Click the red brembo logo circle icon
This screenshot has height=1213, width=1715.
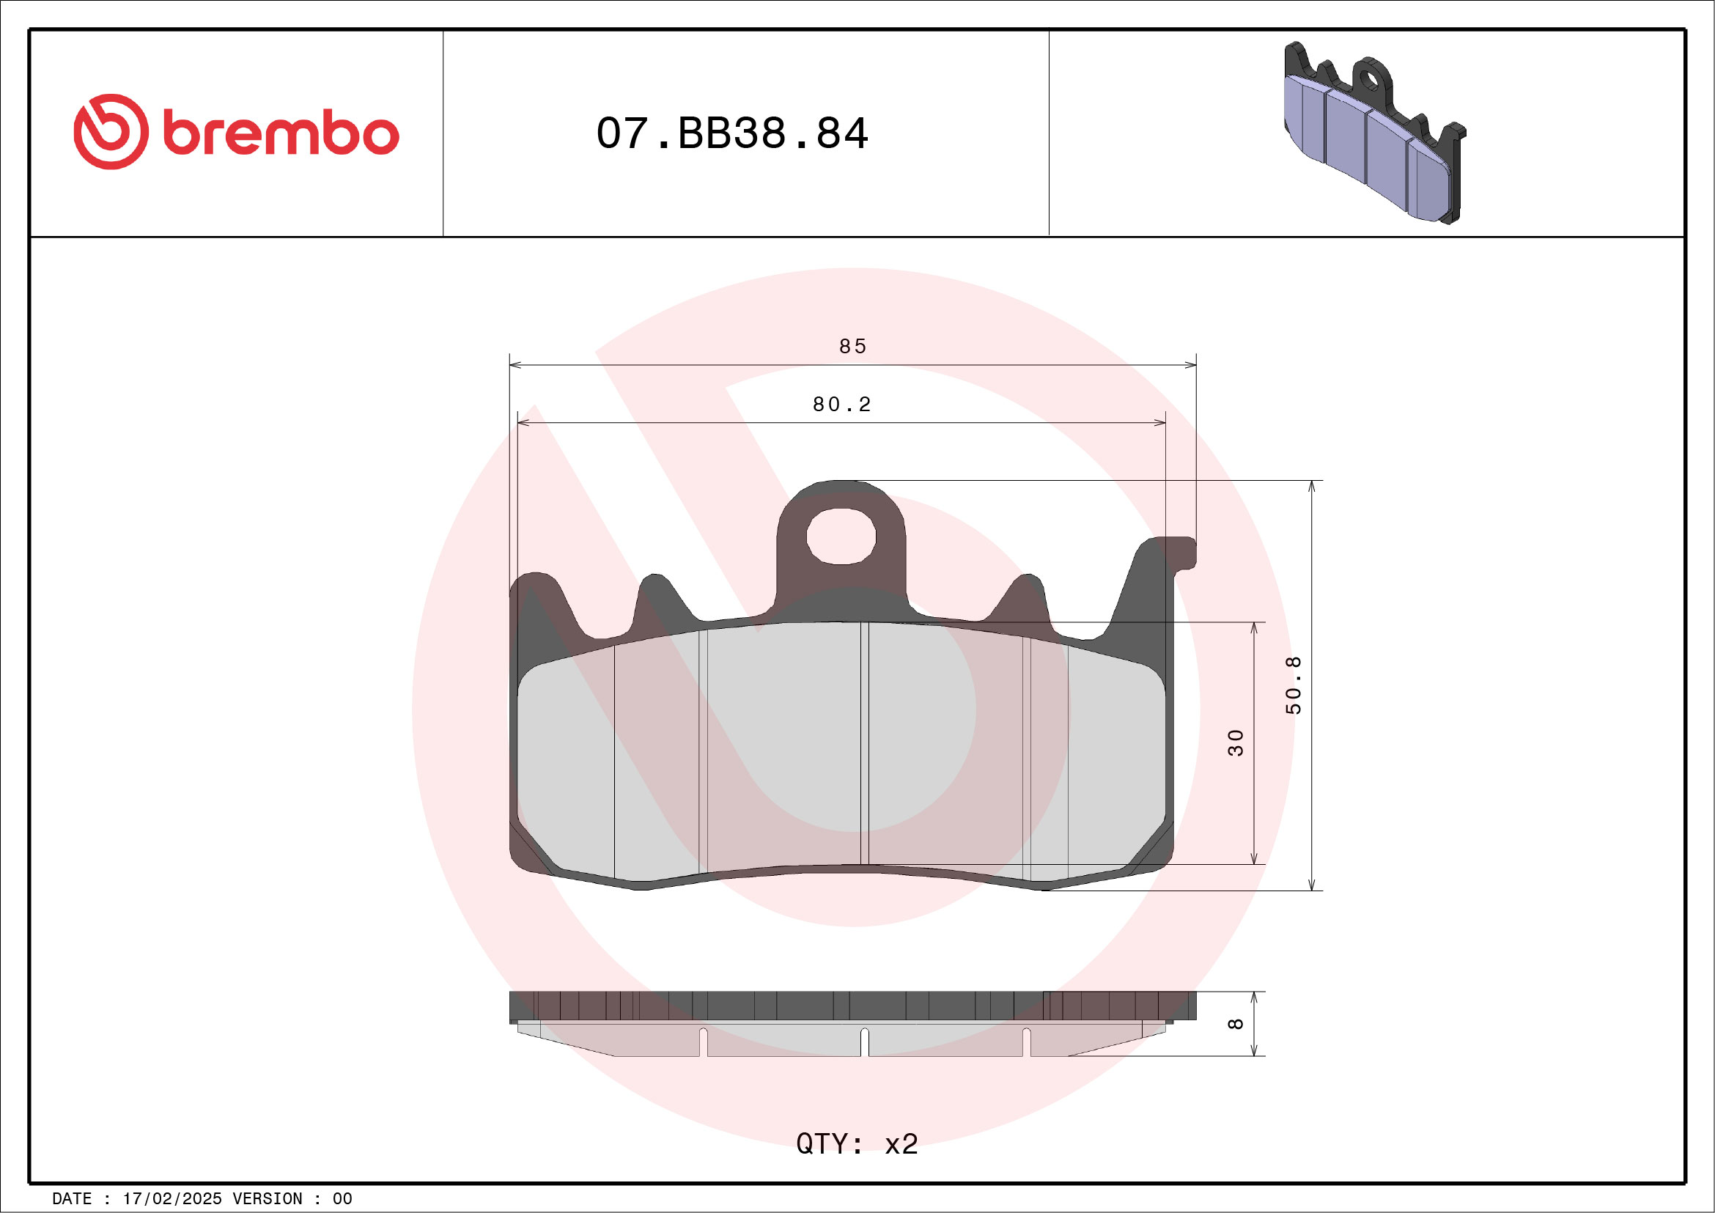tap(111, 131)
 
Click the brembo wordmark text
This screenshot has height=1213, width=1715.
tap(280, 133)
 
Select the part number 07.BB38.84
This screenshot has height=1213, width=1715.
tap(731, 133)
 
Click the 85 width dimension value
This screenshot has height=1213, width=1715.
tap(852, 347)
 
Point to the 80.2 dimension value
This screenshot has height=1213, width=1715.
tap(842, 405)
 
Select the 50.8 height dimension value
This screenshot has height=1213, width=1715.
tap(1293, 685)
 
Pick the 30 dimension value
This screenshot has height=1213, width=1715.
tap(1236, 742)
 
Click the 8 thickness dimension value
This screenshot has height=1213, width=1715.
tap(1236, 1023)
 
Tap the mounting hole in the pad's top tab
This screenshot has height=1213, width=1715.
tap(841, 537)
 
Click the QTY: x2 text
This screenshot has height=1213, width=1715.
tap(857, 1143)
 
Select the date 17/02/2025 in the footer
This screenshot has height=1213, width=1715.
tap(171, 1199)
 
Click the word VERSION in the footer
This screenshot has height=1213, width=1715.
tap(267, 1199)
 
